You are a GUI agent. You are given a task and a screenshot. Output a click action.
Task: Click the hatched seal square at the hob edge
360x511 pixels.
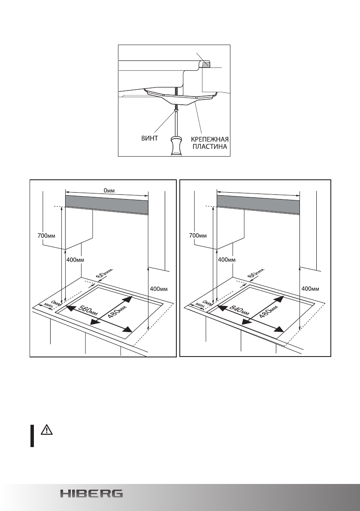206,65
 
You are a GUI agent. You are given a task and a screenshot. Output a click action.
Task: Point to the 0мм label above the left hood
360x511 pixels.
107,190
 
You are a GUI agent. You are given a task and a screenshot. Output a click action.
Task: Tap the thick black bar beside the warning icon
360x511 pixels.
32,436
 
